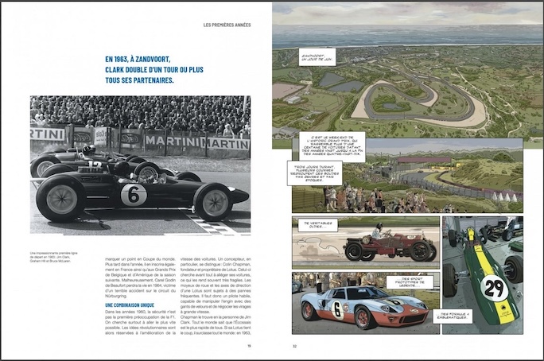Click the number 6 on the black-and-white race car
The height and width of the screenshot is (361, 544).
tap(133, 195)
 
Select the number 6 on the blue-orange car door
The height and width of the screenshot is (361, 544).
tap(336, 306)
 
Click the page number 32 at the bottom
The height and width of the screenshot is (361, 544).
tap(294, 346)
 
